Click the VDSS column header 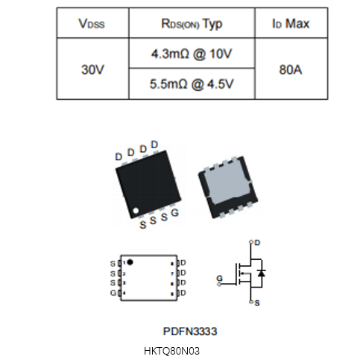click(92, 24)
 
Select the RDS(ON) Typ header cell click(192, 24)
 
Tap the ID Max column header click(291, 24)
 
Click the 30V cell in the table click(92, 69)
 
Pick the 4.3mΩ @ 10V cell click(192, 54)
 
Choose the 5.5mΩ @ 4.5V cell click(192, 84)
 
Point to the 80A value click(291, 69)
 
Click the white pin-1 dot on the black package click(136, 211)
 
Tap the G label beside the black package click(175, 213)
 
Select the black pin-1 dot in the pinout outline click(130, 262)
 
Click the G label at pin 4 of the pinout click(113, 293)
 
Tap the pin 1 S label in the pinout click(113, 264)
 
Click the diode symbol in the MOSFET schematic click(262, 273)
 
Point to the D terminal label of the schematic click(257, 243)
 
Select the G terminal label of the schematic click(220, 279)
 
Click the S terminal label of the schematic click(257, 303)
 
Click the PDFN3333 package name click(190, 331)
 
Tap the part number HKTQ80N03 click(171, 351)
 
